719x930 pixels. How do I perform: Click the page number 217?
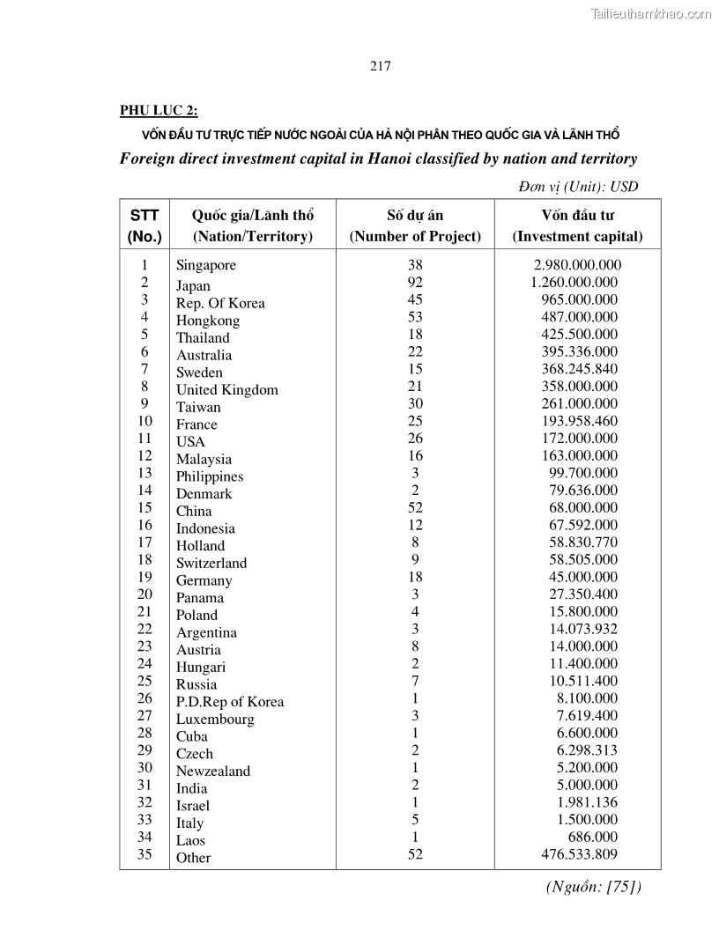pyautogui.click(x=380, y=66)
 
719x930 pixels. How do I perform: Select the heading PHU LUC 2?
pyautogui.click(x=159, y=110)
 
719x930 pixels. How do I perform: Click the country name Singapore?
pyautogui.click(x=206, y=265)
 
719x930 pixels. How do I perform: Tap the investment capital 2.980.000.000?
pyautogui.click(x=577, y=265)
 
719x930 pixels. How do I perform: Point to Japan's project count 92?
pyautogui.click(x=415, y=283)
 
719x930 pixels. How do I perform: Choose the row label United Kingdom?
pyautogui.click(x=226, y=390)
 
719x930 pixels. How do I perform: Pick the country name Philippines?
pyautogui.click(x=210, y=476)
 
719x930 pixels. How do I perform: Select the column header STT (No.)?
pyautogui.click(x=145, y=225)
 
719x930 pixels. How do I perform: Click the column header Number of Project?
pyautogui.click(x=415, y=236)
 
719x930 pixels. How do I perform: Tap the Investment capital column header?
pyautogui.click(x=577, y=236)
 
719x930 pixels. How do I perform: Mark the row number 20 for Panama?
pyautogui.click(x=145, y=594)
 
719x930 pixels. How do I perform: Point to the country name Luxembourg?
pyautogui.click(x=215, y=720)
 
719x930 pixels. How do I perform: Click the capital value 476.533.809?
pyautogui.click(x=579, y=854)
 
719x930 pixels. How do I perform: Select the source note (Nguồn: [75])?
pyautogui.click(x=594, y=886)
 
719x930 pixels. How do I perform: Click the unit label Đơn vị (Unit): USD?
pyautogui.click(x=577, y=187)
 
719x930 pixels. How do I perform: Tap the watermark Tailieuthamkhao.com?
pyautogui.click(x=651, y=13)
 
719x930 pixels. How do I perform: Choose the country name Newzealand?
pyautogui.click(x=213, y=771)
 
